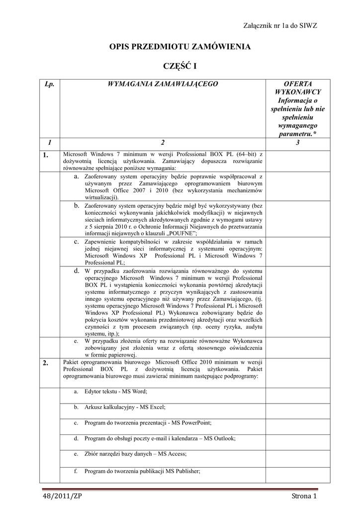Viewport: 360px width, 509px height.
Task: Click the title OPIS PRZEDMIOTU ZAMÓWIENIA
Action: (x=180, y=47)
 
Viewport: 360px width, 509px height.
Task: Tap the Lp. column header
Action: (x=49, y=84)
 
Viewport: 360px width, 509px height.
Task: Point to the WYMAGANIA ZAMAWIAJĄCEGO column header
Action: (x=163, y=84)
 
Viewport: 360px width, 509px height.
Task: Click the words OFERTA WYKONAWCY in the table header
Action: (x=297, y=88)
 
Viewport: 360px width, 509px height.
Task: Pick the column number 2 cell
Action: (x=163, y=143)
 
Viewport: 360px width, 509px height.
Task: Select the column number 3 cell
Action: (x=297, y=143)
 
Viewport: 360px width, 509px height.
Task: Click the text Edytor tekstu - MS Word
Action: (x=115, y=392)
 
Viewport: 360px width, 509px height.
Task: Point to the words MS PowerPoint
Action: (x=191, y=423)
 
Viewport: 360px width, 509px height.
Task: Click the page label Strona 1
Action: (x=304, y=497)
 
